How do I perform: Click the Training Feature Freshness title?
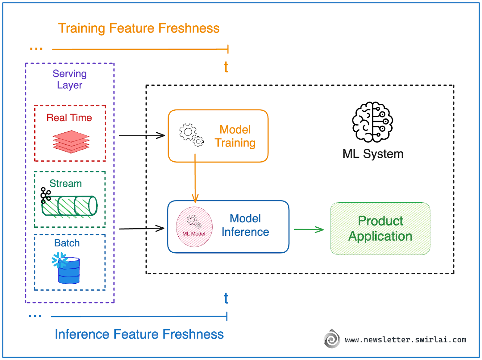tap(139, 28)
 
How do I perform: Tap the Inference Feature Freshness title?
tap(139, 334)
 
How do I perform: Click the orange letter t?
tap(226, 67)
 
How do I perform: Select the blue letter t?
tap(226, 298)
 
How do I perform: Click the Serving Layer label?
tap(70, 79)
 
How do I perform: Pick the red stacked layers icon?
tap(71, 141)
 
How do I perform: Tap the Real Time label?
tap(69, 118)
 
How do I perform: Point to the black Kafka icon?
tap(45, 195)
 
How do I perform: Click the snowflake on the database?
tap(59, 260)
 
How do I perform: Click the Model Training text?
tap(235, 136)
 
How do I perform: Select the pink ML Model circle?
tap(194, 227)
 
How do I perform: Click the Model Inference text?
tap(245, 225)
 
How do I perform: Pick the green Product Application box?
tap(380, 229)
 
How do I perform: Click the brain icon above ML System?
tap(373, 122)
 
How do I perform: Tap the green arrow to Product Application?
tap(309, 229)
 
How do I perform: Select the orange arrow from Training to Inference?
tap(195, 178)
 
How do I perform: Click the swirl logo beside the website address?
tap(332, 339)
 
